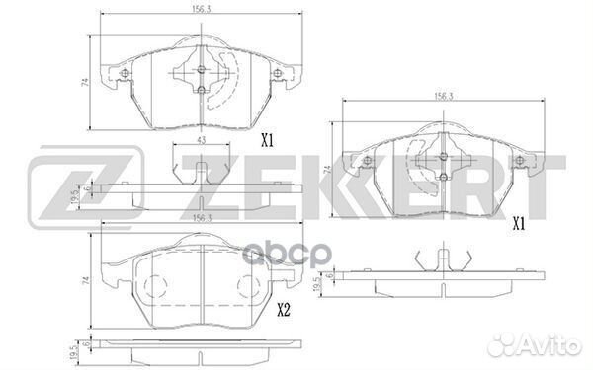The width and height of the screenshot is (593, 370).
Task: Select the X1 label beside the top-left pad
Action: tap(266, 141)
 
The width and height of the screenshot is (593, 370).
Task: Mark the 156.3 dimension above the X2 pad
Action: tap(202, 219)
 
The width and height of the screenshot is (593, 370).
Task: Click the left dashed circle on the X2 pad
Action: tap(156, 288)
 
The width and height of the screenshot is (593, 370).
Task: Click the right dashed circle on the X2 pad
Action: tap(247, 288)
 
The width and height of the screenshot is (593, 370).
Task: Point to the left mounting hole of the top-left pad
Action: tap(124, 77)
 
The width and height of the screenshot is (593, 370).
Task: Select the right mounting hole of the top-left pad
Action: tap(278, 77)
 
